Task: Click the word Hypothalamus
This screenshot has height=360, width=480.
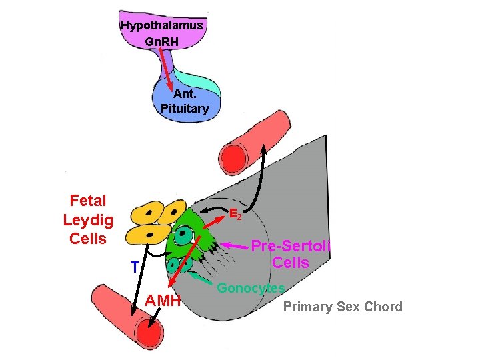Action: coord(161,25)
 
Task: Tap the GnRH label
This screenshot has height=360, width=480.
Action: coord(161,41)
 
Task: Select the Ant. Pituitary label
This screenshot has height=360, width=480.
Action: coord(185,101)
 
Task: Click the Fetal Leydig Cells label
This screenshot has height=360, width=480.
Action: coord(88,219)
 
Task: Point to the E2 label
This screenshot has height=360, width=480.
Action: coord(236,215)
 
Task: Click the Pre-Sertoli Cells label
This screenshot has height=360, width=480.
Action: coord(291,254)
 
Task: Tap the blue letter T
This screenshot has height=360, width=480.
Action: coord(135,267)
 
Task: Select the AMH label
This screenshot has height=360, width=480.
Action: coord(163,301)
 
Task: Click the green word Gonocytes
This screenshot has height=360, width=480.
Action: coord(251,289)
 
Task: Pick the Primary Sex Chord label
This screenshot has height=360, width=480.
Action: coord(343,307)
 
